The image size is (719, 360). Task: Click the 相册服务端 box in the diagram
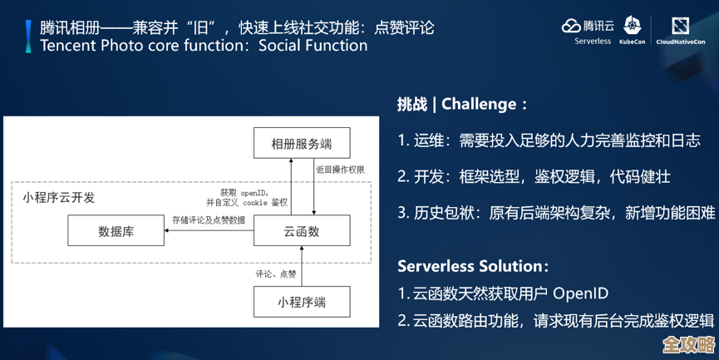click(x=302, y=143)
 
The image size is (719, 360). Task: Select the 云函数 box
click(x=302, y=231)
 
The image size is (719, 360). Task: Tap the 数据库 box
click(x=116, y=231)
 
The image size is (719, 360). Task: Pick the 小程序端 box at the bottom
click(x=302, y=302)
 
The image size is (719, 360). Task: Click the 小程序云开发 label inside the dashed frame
click(x=59, y=197)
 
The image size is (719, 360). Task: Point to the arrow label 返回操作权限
click(x=340, y=169)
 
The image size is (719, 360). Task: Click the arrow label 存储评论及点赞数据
click(x=209, y=220)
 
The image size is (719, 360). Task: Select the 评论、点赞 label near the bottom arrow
click(x=276, y=273)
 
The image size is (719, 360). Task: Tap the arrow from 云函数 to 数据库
click(x=209, y=232)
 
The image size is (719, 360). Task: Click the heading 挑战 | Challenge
click(x=462, y=104)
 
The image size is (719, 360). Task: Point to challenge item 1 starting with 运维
click(x=549, y=141)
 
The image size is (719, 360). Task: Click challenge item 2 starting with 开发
click(x=534, y=176)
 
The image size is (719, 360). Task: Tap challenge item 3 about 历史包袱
click(x=555, y=213)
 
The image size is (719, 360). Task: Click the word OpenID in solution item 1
click(x=581, y=293)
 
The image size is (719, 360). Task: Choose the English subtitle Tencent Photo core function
click(x=204, y=45)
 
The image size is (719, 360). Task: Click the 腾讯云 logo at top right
click(x=588, y=26)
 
